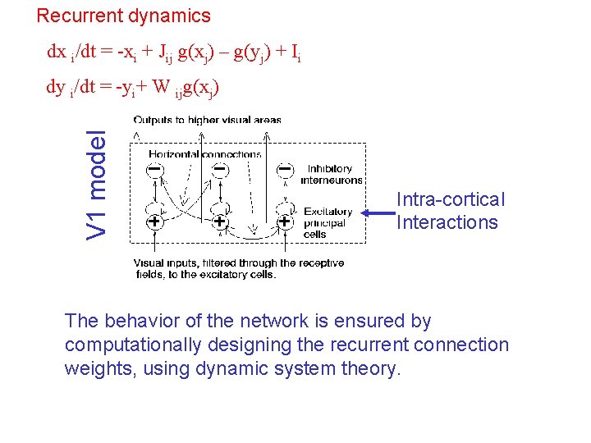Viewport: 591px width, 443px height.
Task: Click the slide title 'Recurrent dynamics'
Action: click(x=124, y=16)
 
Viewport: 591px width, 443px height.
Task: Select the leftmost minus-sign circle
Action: click(x=154, y=170)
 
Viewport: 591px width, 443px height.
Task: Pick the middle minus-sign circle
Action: click(x=220, y=170)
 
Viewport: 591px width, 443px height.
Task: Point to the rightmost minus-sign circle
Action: click(x=284, y=170)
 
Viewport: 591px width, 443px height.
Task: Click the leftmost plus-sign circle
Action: click(x=154, y=221)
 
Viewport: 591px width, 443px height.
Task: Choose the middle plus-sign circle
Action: click(x=220, y=221)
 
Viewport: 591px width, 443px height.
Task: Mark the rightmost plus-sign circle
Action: click(x=284, y=221)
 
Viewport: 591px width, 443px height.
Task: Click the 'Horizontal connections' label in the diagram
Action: click(x=205, y=153)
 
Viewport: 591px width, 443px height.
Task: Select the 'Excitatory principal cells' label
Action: click(x=328, y=222)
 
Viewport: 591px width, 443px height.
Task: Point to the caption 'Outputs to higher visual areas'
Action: click(x=208, y=120)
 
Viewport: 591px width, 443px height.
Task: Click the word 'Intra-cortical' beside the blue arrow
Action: click(x=451, y=199)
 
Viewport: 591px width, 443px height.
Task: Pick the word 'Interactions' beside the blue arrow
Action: click(x=447, y=222)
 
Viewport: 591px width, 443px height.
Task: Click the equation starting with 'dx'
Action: click(x=174, y=53)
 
